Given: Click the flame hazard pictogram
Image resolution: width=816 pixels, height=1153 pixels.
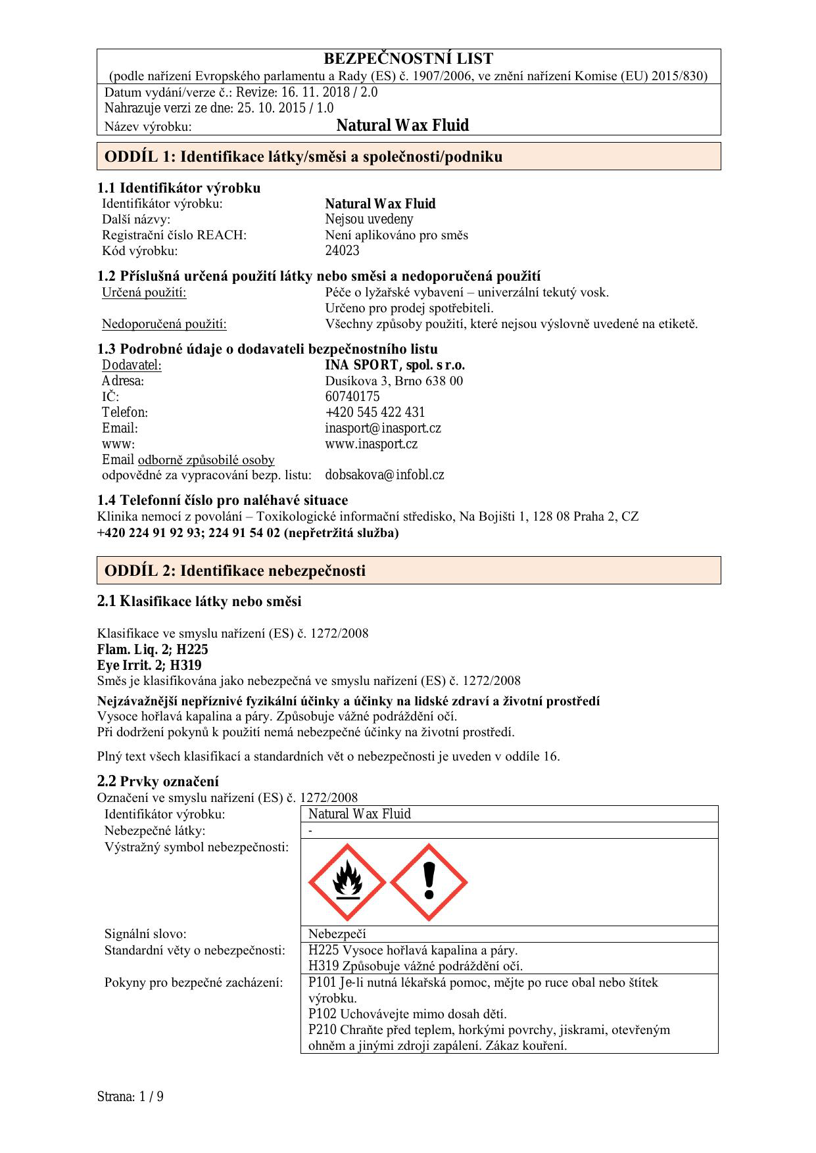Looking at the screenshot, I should [x=347, y=882].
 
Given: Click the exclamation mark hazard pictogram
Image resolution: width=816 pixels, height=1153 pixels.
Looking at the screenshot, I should [x=429, y=882].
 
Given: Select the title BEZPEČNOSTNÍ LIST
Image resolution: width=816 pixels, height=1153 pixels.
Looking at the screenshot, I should [x=408, y=59].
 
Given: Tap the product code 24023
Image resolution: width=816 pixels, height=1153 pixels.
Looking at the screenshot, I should [x=342, y=250].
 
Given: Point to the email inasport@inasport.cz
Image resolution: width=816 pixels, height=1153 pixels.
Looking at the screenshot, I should [x=383, y=429].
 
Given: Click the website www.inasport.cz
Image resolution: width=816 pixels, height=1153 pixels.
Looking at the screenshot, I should [x=371, y=444].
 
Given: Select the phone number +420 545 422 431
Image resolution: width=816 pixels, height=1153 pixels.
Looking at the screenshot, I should [x=375, y=412].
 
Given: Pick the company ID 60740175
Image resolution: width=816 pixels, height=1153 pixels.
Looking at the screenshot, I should [x=352, y=396].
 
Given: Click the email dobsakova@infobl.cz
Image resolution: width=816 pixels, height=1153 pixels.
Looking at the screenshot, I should [x=384, y=475].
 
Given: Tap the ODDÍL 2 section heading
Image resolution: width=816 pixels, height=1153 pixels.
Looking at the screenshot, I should [x=235, y=571].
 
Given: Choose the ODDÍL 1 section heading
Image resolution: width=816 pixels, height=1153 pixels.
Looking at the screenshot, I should [x=303, y=156].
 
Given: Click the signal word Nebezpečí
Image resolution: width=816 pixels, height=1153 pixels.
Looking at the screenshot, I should [x=337, y=934].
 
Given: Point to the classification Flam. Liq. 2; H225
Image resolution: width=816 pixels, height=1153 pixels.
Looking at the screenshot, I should [x=153, y=649].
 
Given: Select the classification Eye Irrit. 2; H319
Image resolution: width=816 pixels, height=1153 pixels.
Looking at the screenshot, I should [x=149, y=665].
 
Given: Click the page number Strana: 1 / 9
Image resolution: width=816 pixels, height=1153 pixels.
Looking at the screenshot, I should [x=130, y=1096].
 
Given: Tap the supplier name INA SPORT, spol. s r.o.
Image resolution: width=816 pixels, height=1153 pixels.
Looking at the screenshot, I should [x=395, y=365].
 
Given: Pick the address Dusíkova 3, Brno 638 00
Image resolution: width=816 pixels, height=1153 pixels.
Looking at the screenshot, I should [x=394, y=381].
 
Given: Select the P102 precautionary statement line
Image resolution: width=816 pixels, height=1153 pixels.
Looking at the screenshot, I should [x=407, y=1014].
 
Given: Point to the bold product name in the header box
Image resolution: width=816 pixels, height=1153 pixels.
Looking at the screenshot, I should [x=402, y=126].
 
